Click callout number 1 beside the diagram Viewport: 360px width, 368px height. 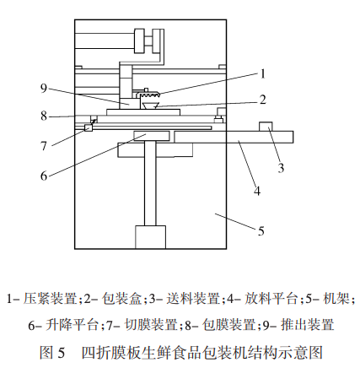click(x=262, y=74)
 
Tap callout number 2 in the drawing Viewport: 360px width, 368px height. click(x=263, y=100)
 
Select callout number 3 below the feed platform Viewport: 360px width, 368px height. click(x=281, y=168)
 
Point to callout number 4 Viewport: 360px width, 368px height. click(x=257, y=192)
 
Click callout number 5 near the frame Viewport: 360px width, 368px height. click(x=261, y=231)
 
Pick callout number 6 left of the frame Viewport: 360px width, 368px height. click(x=44, y=176)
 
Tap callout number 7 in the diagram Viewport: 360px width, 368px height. click(x=44, y=146)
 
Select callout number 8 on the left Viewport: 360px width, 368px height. click(x=44, y=116)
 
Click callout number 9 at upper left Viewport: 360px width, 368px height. click(x=44, y=88)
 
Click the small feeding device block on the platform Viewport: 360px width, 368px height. click(x=266, y=127)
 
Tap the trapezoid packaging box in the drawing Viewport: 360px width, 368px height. click(x=150, y=106)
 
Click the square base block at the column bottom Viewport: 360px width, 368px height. click(x=150, y=237)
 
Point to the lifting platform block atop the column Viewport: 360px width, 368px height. click(x=152, y=136)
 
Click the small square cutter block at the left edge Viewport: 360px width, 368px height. click(x=89, y=128)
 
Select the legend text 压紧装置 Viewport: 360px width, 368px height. click(x=51, y=299)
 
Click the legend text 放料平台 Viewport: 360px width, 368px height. click(x=271, y=299)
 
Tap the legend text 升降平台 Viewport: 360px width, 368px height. click(x=72, y=325)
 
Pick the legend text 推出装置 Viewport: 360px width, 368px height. click(x=307, y=325)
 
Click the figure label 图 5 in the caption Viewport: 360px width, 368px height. click(x=52, y=352)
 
